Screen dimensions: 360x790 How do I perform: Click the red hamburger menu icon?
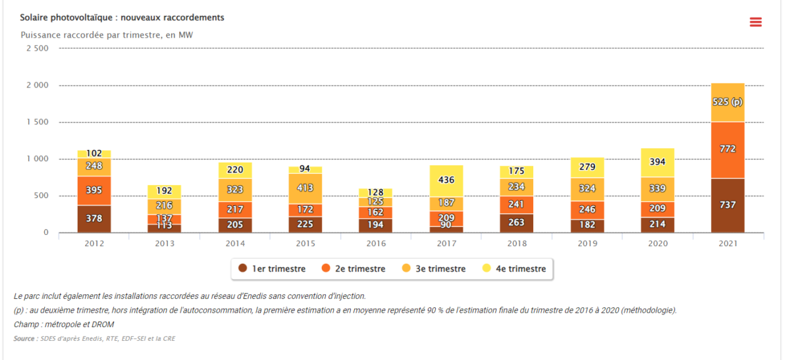(x=755, y=22)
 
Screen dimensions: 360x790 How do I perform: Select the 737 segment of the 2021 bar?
(x=727, y=205)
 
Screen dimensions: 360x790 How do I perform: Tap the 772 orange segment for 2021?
(x=727, y=149)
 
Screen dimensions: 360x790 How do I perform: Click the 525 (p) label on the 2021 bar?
(x=727, y=102)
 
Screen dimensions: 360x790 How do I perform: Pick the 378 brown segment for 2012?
(x=94, y=219)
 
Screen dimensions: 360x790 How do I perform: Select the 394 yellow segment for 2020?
(x=658, y=162)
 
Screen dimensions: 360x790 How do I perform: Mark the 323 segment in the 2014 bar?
(x=235, y=190)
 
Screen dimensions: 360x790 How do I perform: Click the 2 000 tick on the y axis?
(x=36, y=86)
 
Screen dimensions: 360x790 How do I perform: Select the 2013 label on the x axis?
(x=165, y=244)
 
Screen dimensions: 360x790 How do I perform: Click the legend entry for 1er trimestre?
(x=272, y=269)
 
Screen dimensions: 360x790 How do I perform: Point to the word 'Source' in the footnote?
(x=24, y=339)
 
